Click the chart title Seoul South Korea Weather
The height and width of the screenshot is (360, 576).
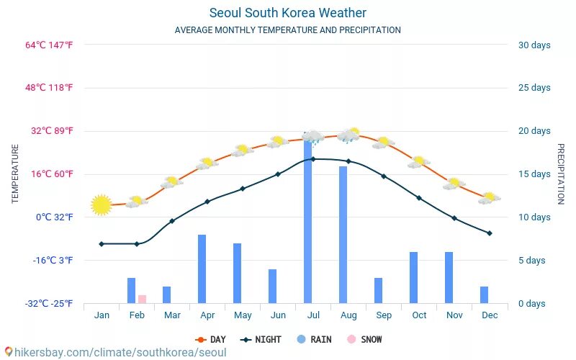pos(288,13)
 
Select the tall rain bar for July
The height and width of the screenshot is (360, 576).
pos(308,223)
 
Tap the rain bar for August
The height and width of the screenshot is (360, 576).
pos(343,235)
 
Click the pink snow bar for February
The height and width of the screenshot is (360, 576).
pos(143,299)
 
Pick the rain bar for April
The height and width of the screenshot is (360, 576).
pos(202,269)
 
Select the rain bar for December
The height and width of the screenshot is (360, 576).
pos(484,294)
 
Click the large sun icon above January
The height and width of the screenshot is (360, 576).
pos(102,205)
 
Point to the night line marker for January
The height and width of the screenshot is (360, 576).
pos(102,244)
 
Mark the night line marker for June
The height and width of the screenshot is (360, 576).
pos(278,174)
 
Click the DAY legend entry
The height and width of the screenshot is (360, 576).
pos(211,339)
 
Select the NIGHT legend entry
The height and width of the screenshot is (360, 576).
pos(261,339)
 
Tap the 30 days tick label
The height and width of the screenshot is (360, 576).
pos(534,45)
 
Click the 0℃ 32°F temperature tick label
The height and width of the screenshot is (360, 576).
pos(55,217)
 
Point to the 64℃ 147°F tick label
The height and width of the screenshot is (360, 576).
pos(50,45)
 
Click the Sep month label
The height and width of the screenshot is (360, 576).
pos(384,315)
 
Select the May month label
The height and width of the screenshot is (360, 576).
pos(243,315)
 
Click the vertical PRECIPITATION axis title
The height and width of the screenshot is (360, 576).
pos(561,174)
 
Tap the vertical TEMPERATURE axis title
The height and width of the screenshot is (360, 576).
pos(15,174)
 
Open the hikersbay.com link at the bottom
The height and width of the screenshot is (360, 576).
pos(115,353)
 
